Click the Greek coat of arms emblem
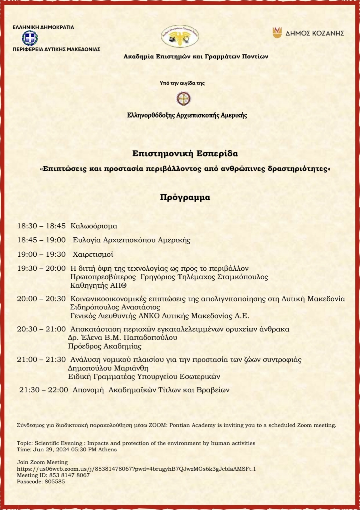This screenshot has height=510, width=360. (30, 38)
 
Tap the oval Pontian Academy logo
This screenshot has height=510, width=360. (180, 36)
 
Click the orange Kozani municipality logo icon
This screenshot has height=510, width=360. (277, 32)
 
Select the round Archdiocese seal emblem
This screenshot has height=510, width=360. (184, 99)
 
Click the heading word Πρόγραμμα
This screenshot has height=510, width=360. (185, 197)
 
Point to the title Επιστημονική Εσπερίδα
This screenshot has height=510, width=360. (185, 154)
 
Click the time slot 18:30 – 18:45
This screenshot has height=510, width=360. (41, 226)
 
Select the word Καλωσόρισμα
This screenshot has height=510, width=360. (94, 226)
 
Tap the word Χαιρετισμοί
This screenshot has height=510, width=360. (93, 254)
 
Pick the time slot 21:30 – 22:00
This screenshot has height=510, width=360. (43, 390)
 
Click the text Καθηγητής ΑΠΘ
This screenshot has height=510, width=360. (98, 285)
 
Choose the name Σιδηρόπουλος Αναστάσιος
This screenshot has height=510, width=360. (115, 307)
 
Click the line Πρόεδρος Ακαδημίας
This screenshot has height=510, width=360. (104, 346)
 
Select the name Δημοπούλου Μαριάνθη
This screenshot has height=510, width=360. (108, 368)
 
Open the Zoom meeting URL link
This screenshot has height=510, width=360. (136, 469)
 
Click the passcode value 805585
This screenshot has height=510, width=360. (54, 481)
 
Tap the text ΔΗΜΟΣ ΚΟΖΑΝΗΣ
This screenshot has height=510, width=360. (315, 33)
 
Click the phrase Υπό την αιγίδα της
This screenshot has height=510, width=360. (182, 83)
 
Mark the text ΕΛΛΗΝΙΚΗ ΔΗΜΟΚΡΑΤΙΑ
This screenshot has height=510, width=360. (43, 27)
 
